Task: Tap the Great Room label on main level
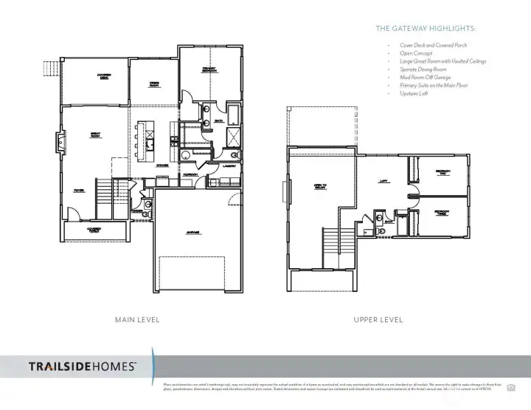[95, 135]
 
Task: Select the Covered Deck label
[104, 76]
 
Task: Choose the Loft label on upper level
[383, 180]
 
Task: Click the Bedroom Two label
[442, 173]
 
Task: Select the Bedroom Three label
[442, 213]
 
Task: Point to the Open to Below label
[320, 186]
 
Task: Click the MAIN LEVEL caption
[137, 320]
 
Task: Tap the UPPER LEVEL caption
[378, 320]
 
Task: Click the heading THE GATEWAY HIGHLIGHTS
[426, 29]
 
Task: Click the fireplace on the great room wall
[62, 140]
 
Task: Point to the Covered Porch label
[94, 230]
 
